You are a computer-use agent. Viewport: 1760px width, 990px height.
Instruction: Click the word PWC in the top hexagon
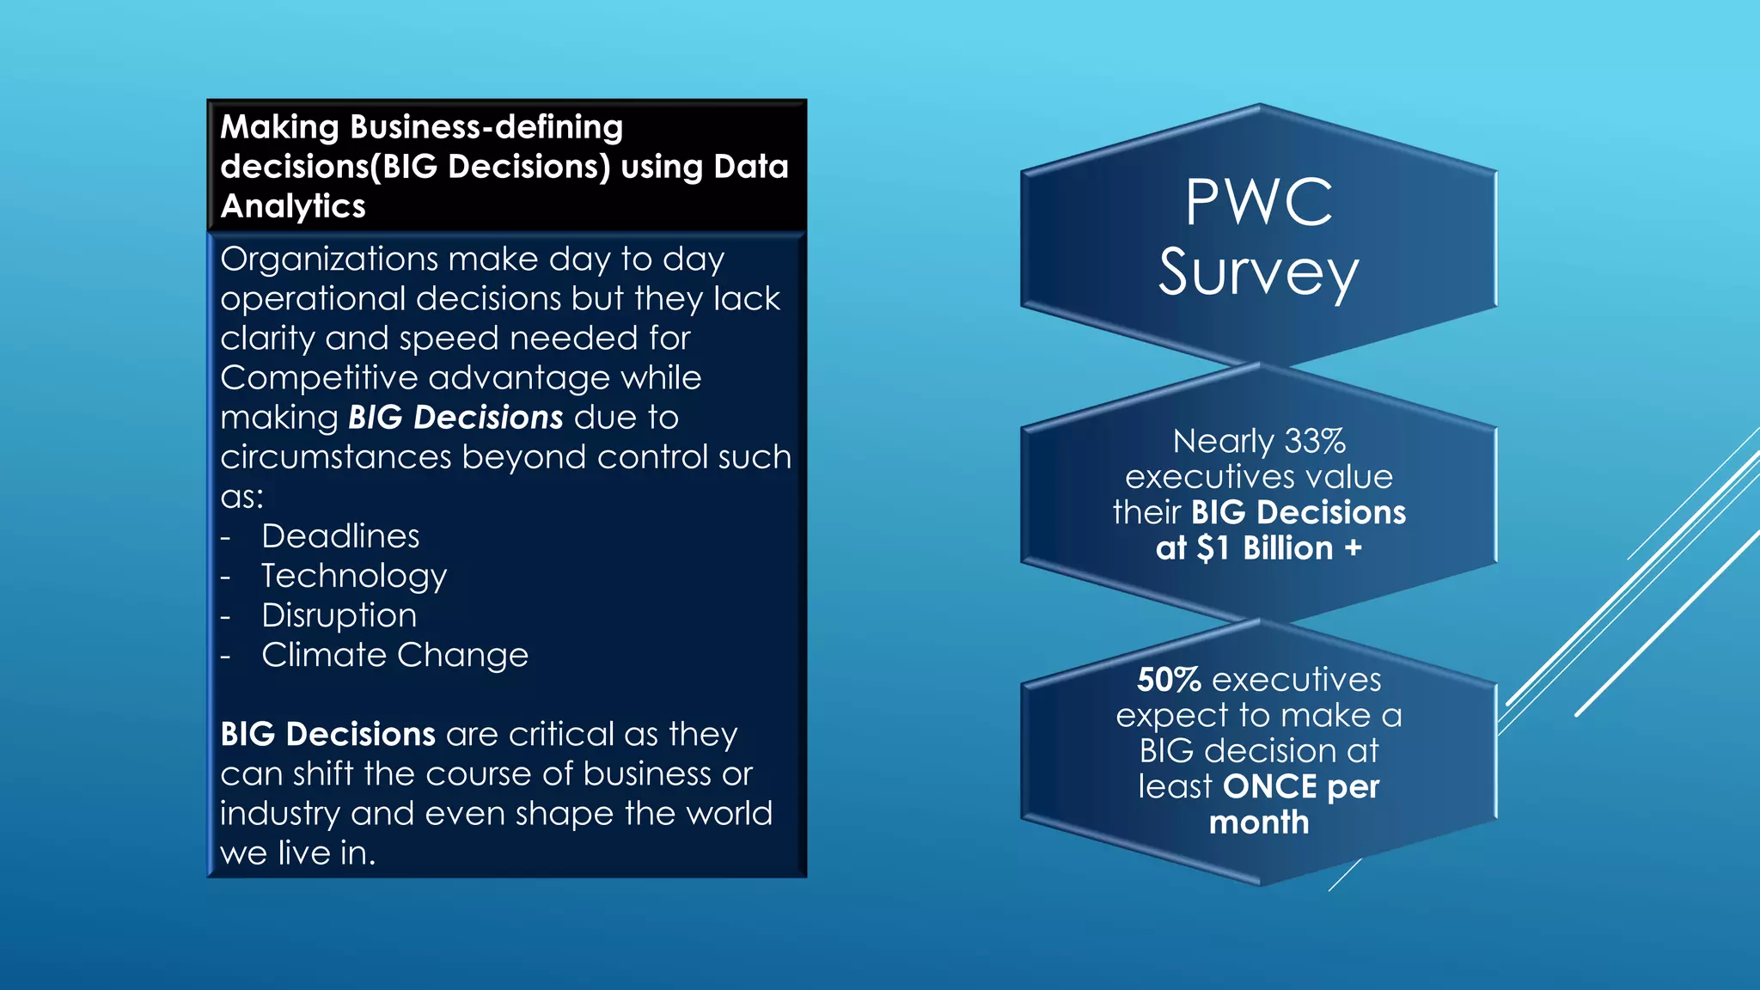[1259, 203]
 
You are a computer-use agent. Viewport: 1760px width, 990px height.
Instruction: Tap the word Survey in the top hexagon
[1258, 273]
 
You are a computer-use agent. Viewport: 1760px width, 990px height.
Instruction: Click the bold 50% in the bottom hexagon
[1168, 680]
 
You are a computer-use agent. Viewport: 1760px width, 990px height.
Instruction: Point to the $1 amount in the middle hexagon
[1213, 548]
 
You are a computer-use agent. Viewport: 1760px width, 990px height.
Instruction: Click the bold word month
[1259, 822]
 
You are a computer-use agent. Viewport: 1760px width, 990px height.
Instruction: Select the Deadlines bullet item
[340, 536]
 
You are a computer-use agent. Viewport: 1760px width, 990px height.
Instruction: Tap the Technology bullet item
[353, 576]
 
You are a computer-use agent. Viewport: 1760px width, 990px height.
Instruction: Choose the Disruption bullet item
[339, 615]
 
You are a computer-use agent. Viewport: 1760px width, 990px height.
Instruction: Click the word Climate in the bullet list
[324, 656]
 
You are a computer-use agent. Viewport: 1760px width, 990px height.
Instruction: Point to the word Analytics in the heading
[293, 206]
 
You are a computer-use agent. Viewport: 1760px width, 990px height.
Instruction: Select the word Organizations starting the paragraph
[329, 260]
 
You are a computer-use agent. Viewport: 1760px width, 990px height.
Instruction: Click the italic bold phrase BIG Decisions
[455, 418]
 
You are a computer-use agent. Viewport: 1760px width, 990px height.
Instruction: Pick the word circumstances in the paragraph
[335, 457]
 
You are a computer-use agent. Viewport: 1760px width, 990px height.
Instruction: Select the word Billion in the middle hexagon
[1287, 548]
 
